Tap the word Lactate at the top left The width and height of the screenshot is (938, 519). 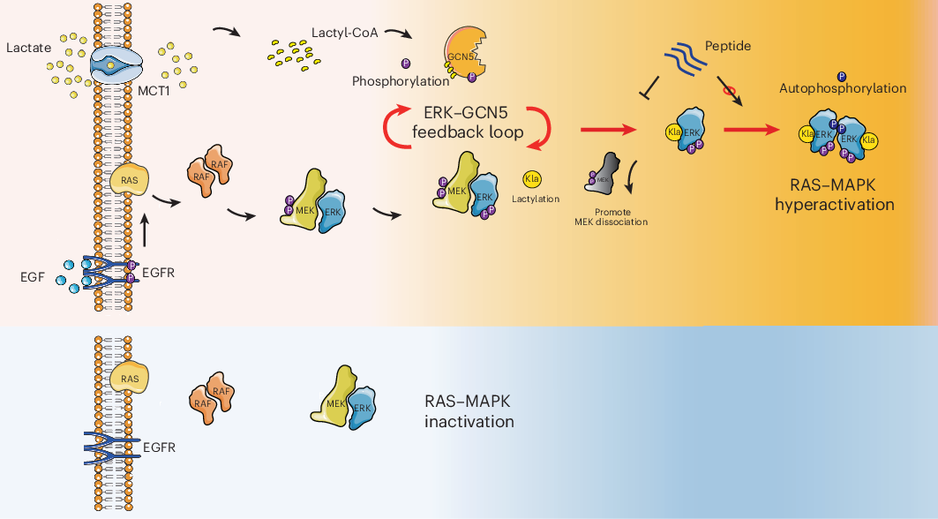[x=24, y=42]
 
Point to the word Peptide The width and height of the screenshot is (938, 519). [x=728, y=45]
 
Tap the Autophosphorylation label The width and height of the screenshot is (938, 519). [x=843, y=88]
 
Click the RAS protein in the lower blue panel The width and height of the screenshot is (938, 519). [x=130, y=378]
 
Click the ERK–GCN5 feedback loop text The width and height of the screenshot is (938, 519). [x=468, y=124]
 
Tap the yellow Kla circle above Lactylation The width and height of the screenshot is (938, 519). [x=532, y=179]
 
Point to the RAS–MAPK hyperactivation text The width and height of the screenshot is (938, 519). [x=834, y=195]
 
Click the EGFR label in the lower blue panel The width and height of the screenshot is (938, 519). [x=159, y=448]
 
